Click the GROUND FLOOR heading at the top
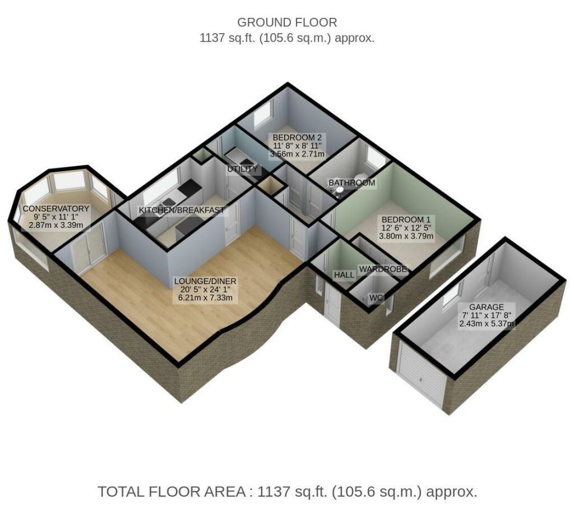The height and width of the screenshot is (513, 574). pyautogui.click(x=287, y=22)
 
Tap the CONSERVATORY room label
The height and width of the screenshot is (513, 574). pyautogui.click(x=56, y=208)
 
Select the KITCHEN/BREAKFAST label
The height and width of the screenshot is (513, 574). pyautogui.click(x=182, y=210)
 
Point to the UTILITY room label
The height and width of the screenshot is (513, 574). pyautogui.click(x=242, y=169)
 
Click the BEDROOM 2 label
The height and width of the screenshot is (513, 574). pyautogui.click(x=297, y=138)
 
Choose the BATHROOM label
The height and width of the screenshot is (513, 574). pyautogui.click(x=352, y=182)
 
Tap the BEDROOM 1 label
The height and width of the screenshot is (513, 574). pyautogui.click(x=406, y=219)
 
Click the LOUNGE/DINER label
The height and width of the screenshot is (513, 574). pyautogui.click(x=205, y=281)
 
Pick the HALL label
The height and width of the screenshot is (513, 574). pyautogui.click(x=344, y=275)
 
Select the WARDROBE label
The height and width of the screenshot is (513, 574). pyautogui.click(x=383, y=269)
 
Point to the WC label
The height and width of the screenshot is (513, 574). pyautogui.click(x=376, y=298)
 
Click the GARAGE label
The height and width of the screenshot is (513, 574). pyautogui.click(x=487, y=307)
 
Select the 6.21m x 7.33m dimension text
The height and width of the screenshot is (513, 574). pyautogui.click(x=205, y=297)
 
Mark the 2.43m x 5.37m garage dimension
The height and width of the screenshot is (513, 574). pyautogui.click(x=487, y=323)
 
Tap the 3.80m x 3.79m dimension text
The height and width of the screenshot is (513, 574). pyautogui.click(x=406, y=236)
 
